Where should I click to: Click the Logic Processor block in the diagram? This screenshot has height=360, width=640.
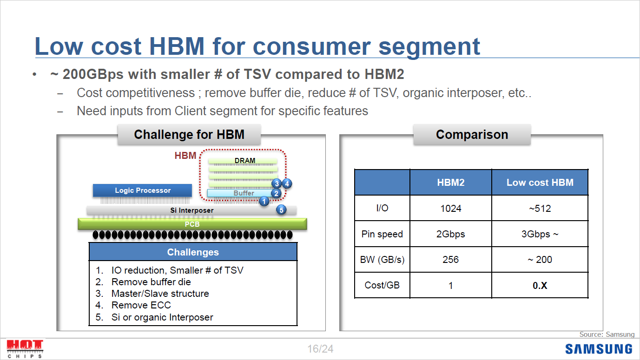142,190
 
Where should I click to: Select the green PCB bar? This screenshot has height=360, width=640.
192,224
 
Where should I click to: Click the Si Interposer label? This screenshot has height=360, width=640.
191,210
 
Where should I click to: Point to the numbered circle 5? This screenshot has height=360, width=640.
282,210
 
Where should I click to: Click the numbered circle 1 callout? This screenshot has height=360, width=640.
264,201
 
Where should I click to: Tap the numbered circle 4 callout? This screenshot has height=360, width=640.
287,183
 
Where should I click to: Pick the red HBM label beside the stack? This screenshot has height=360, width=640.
185,156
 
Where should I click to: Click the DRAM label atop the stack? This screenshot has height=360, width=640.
245,161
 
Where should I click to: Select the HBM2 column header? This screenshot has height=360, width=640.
450,183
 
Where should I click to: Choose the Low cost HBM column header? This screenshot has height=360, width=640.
540,183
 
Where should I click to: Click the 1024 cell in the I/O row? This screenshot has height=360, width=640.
450,209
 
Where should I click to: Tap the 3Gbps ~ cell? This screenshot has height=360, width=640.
540,234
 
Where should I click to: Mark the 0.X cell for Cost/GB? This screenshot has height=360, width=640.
540,286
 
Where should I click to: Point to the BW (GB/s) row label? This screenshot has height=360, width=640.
382,260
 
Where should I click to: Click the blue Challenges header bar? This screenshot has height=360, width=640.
193,252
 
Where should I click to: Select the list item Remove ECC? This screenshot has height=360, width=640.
141,305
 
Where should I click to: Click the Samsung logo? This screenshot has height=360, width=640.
599,349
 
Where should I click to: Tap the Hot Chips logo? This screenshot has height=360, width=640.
25,348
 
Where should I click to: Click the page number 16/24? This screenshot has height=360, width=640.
320,349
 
